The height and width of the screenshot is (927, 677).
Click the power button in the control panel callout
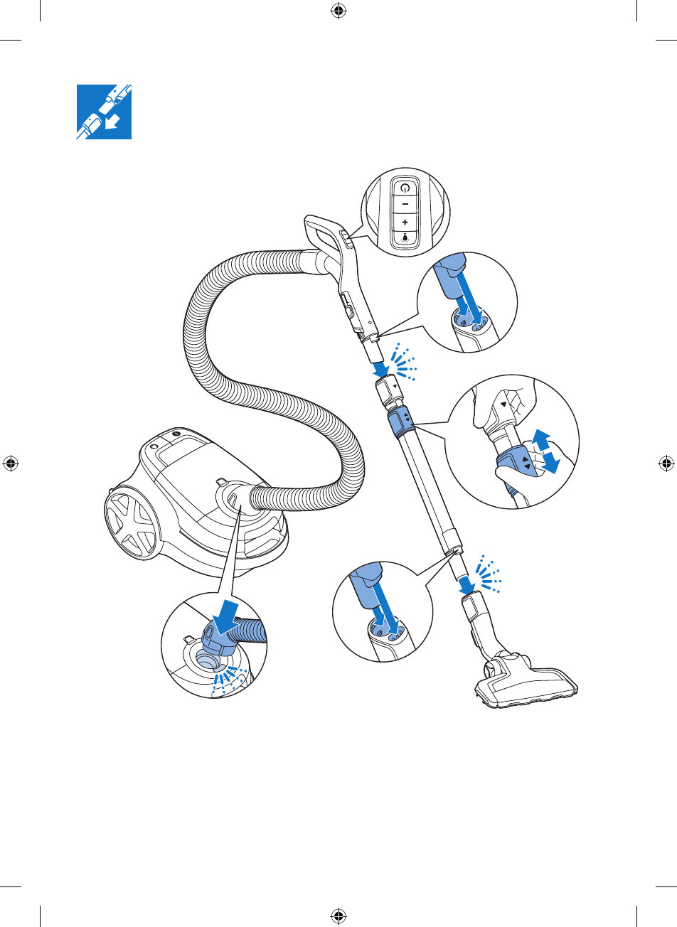coord(405,188)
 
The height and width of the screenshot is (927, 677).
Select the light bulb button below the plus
coord(405,239)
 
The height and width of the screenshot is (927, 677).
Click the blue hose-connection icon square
coord(104,112)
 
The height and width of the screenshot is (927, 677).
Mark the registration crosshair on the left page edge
coord(11,463)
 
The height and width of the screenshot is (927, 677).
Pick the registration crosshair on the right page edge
coord(666,463)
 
